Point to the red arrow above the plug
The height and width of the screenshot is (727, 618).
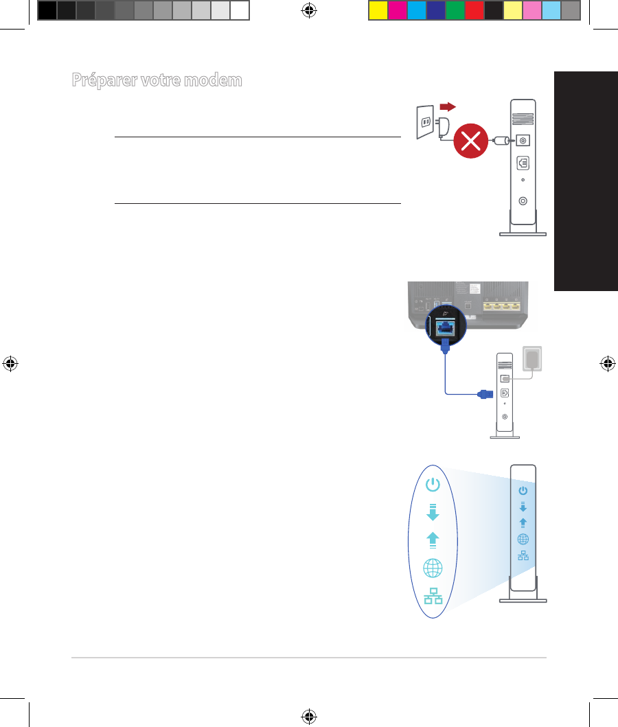(448, 107)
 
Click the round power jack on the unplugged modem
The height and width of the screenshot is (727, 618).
(523, 140)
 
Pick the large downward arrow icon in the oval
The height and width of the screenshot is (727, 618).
(432, 512)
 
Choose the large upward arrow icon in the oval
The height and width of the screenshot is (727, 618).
(432, 540)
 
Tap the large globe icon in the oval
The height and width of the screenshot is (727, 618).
(433, 568)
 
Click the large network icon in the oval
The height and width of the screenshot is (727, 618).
(433, 597)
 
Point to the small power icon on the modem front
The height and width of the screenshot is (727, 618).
(523, 490)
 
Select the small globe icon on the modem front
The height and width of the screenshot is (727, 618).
(523, 539)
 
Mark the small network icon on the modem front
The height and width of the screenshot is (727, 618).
(523, 555)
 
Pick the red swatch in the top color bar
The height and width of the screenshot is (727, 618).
(474, 11)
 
